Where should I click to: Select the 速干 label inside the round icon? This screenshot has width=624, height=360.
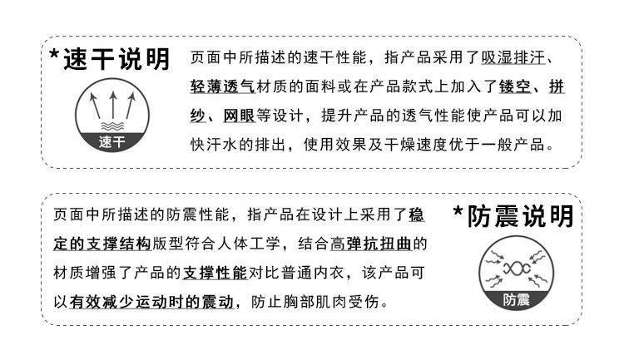coord(110,141)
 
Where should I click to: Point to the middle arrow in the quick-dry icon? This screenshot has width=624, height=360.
coord(110,103)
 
